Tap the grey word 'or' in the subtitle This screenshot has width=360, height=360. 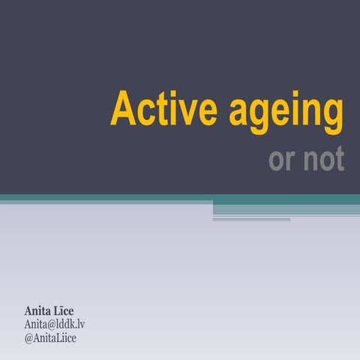point(282,160)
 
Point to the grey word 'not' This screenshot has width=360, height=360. point(323,159)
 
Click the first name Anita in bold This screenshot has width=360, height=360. point(38,310)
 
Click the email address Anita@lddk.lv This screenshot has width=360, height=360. point(55,324)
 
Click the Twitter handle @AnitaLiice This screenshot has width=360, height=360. point(51,337)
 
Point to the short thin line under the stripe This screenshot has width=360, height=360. point(251,220)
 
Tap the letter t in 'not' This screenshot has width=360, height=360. point(340,159)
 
